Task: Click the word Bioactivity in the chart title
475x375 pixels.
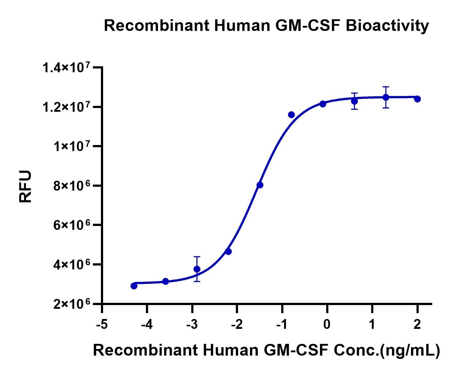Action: click(387, 26)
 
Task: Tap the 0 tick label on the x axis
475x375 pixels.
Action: click(327, 324)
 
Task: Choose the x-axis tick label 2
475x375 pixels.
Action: click(417, 324)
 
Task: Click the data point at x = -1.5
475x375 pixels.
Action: click(260, 185)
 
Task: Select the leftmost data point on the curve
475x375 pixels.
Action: click(134, 286)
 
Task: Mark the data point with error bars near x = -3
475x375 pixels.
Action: click(197, 269)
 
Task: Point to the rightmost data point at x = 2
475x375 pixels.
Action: click(417, 99)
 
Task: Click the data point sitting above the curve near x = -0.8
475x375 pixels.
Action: click(291, 115)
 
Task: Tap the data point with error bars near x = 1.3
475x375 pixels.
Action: click(386, 97)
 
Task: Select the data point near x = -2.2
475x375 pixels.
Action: click(229, 252)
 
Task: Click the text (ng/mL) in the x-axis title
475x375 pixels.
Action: click(410, 350)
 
